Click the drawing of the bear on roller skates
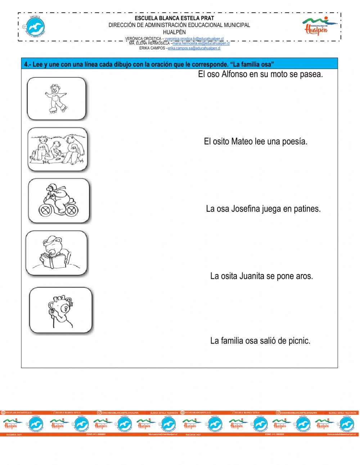[56, 98]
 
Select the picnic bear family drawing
[58, 149]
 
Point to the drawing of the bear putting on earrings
[60, 310]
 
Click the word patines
[306, 209]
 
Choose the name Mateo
[242, 142]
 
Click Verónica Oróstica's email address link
[194, 39]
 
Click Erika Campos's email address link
[194, 48]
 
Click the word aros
[304, 276]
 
